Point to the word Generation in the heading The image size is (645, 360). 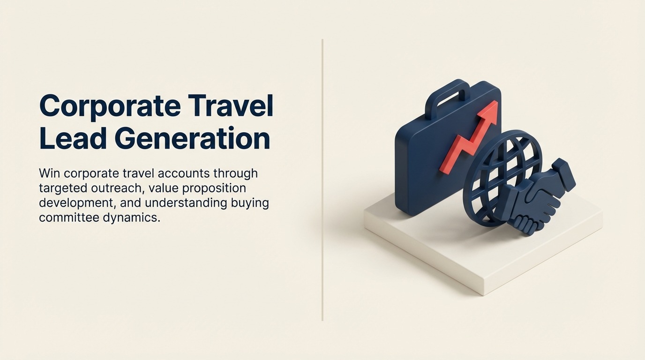click(192, 139)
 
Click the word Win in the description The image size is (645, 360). click(49, 173)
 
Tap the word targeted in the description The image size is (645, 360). click(62, 188)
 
